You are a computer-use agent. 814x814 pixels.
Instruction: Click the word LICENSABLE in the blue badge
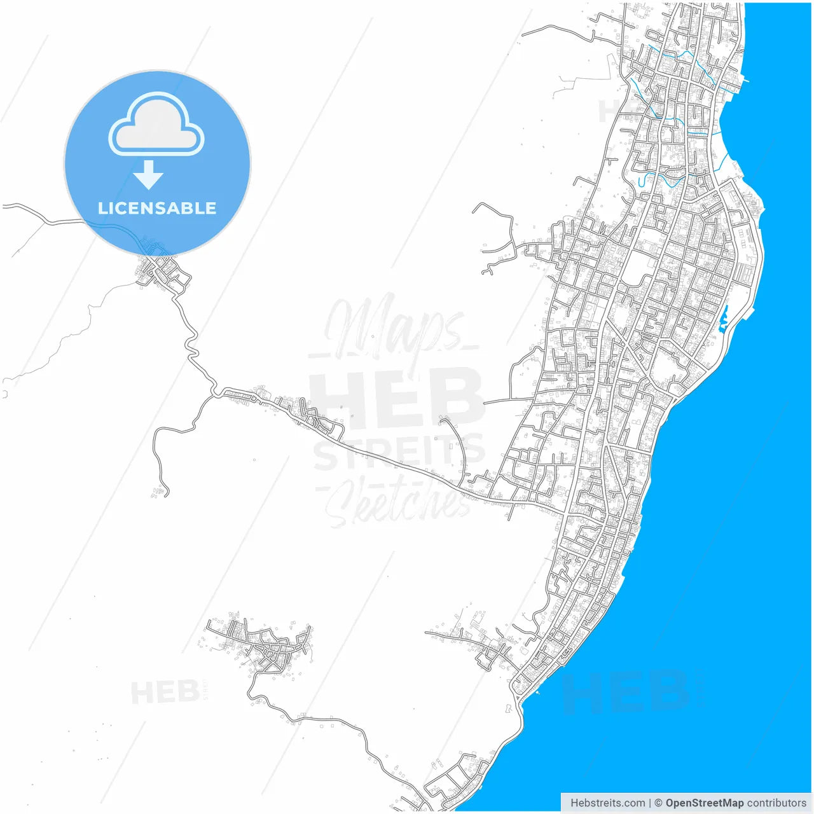click(157, 208)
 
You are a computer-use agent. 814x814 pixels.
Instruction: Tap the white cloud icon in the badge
click(156, 125)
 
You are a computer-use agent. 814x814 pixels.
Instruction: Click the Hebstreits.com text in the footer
click(607, 803)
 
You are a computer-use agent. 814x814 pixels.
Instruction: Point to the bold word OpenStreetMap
click(704, 803)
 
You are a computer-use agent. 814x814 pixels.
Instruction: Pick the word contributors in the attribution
click(776, 803)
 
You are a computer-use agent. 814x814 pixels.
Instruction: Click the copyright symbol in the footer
click(658, 803)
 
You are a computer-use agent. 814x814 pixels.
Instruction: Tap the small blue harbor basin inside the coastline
click(723, 320)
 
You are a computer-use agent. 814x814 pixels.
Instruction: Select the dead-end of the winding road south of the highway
click(167, 493)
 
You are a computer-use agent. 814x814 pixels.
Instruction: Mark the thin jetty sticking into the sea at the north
click(744, 81)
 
